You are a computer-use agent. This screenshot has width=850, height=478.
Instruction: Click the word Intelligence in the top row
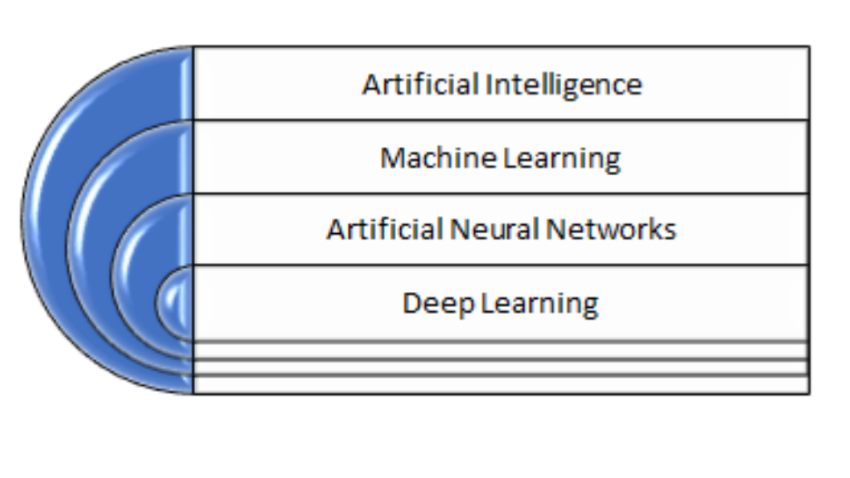[564, 85]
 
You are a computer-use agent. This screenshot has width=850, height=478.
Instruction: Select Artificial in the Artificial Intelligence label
[421, 85]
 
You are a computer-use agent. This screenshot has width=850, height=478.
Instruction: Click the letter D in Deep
[411, 302]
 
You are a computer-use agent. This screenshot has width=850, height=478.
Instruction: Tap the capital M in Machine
[391, 157]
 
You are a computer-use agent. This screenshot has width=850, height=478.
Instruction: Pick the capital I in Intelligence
[487, 85]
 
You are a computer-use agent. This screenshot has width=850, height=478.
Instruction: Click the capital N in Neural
[457, 229]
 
